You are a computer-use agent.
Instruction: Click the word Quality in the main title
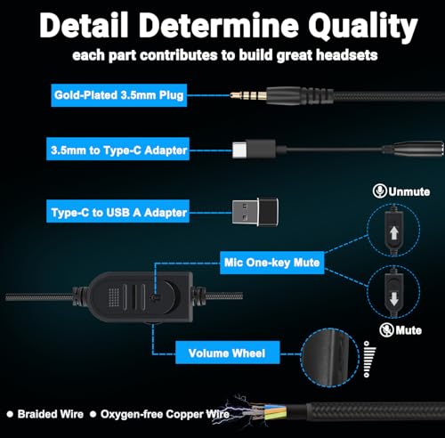362,28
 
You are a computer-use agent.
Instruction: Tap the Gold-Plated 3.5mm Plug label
119,95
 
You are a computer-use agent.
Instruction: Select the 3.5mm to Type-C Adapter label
117,149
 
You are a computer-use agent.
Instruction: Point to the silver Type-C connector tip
239,149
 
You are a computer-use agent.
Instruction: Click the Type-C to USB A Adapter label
117,211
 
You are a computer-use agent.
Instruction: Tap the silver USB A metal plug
245,212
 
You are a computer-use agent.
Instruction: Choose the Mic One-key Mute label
272,263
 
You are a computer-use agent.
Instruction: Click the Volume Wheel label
227,353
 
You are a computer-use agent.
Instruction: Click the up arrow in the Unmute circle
393,233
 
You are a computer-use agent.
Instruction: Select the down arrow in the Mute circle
393,298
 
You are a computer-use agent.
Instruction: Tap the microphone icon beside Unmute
379,191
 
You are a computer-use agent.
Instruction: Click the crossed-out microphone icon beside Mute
386,330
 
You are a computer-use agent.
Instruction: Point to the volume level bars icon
369,359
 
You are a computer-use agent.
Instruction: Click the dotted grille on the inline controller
114,297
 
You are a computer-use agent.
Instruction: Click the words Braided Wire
51,414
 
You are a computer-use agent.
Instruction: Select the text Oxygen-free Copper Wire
165,414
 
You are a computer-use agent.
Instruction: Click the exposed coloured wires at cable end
269,411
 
